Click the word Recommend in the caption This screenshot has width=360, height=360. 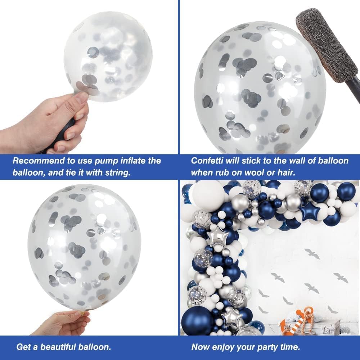pos(38,161)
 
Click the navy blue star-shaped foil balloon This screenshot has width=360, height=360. pos(310,211)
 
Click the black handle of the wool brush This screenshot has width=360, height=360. pos(354,83)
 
